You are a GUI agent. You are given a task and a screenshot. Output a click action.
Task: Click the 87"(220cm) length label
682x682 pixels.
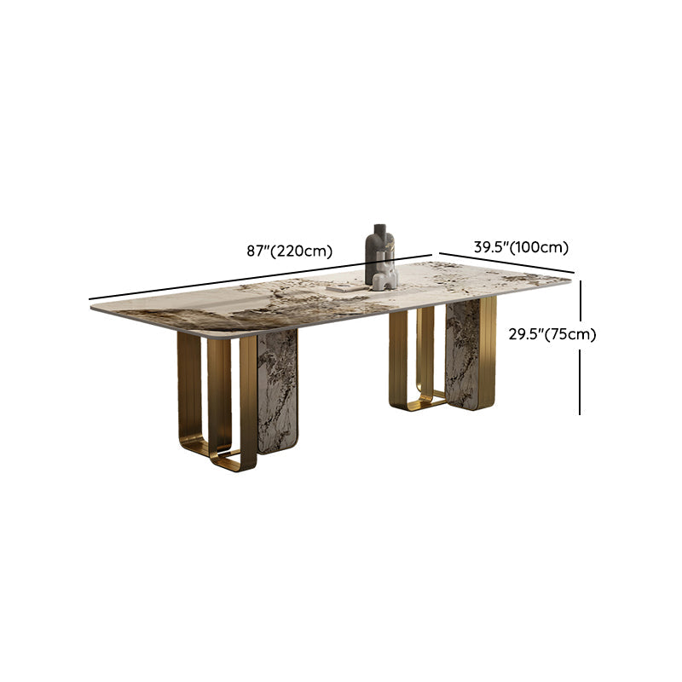[x=289, y=251]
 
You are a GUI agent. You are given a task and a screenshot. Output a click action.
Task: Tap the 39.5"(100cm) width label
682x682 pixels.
[x=521, y=247]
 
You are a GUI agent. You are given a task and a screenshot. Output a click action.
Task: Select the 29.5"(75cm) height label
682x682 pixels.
[x=552, y=334]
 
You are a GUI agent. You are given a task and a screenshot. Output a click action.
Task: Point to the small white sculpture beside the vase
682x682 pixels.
[x=386, y=275]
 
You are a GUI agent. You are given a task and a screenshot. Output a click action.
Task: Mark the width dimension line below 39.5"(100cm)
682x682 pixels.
[x=507, y=263]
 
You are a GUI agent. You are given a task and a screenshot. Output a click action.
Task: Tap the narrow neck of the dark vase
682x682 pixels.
[x=376, y=232]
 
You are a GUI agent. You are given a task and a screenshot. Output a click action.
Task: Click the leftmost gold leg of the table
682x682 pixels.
[x=189, y=384]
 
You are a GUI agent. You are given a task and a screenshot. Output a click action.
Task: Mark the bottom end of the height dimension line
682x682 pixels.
[x=581, y=414]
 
